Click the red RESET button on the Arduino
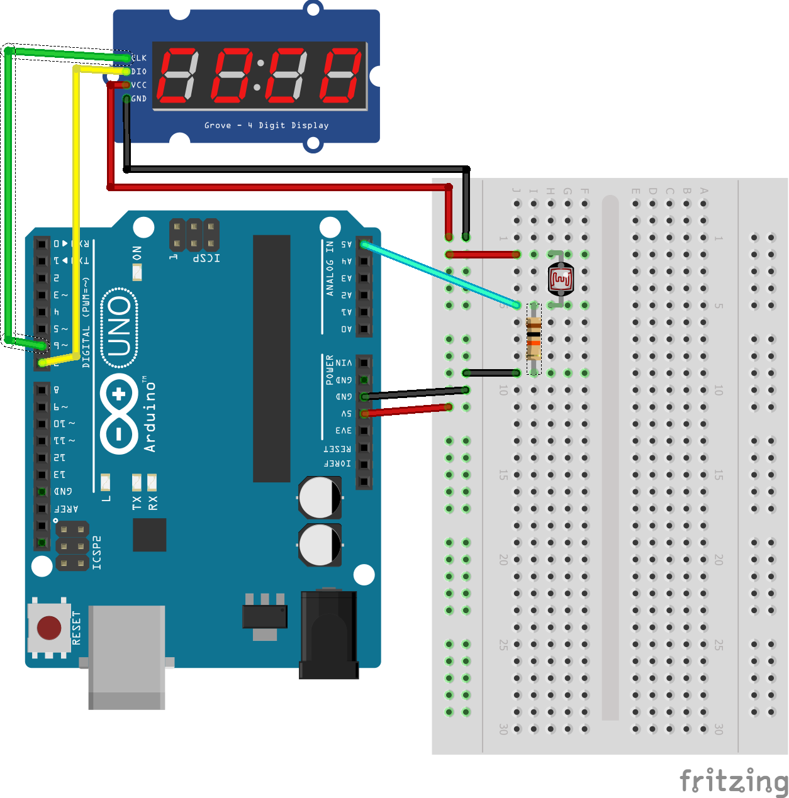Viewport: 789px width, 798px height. pyautogui.click(x=49, y=627)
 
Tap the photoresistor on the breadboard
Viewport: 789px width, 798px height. pyautogui.click(x=561, y=279)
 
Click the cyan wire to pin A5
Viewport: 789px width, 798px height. pyautogui.click(x=440, y=275)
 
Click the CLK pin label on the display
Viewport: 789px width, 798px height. pyautogui.click(x=139, y=58)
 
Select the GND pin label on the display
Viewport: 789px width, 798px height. pyautogui.click(x=139, y=99)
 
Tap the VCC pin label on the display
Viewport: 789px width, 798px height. pyautogui.click(x=139, y=85)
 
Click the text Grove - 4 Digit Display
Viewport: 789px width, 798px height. pyautogui.click(x=266, y=125)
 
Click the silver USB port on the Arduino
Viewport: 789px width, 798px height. pyautogui.click(x=126, y=657)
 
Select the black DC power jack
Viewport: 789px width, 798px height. pyautogui.click(x=328, y=635)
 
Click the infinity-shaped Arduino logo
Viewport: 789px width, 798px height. pyautogui.click(x=119, y=413)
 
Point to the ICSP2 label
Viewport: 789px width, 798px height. pyautogui.click(x=97, y=553)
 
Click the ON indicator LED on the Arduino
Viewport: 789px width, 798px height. pyautogui.click(x=137, y=272)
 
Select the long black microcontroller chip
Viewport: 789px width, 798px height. pyautogui.click(x=271, y=358)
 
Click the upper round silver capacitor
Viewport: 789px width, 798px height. pyautogui.click(x=320, y=497)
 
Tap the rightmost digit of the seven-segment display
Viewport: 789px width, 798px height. pyautogui.click(x=342, y=75)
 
